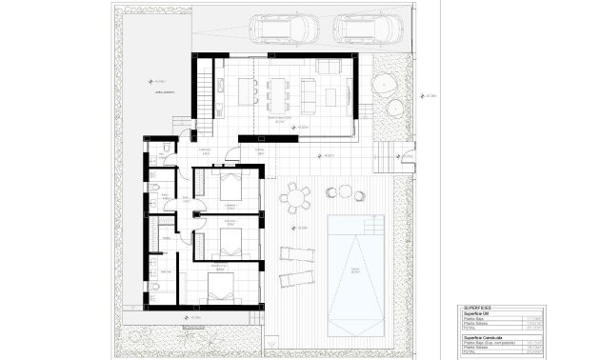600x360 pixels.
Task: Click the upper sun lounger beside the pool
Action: tap(296, 254)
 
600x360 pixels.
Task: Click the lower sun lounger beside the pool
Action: tap(294, 279)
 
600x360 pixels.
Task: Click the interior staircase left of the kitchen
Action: tap(204, 94)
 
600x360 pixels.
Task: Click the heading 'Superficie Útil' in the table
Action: tap(480, 312)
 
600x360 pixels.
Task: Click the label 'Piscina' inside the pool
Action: tap(354, 270)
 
